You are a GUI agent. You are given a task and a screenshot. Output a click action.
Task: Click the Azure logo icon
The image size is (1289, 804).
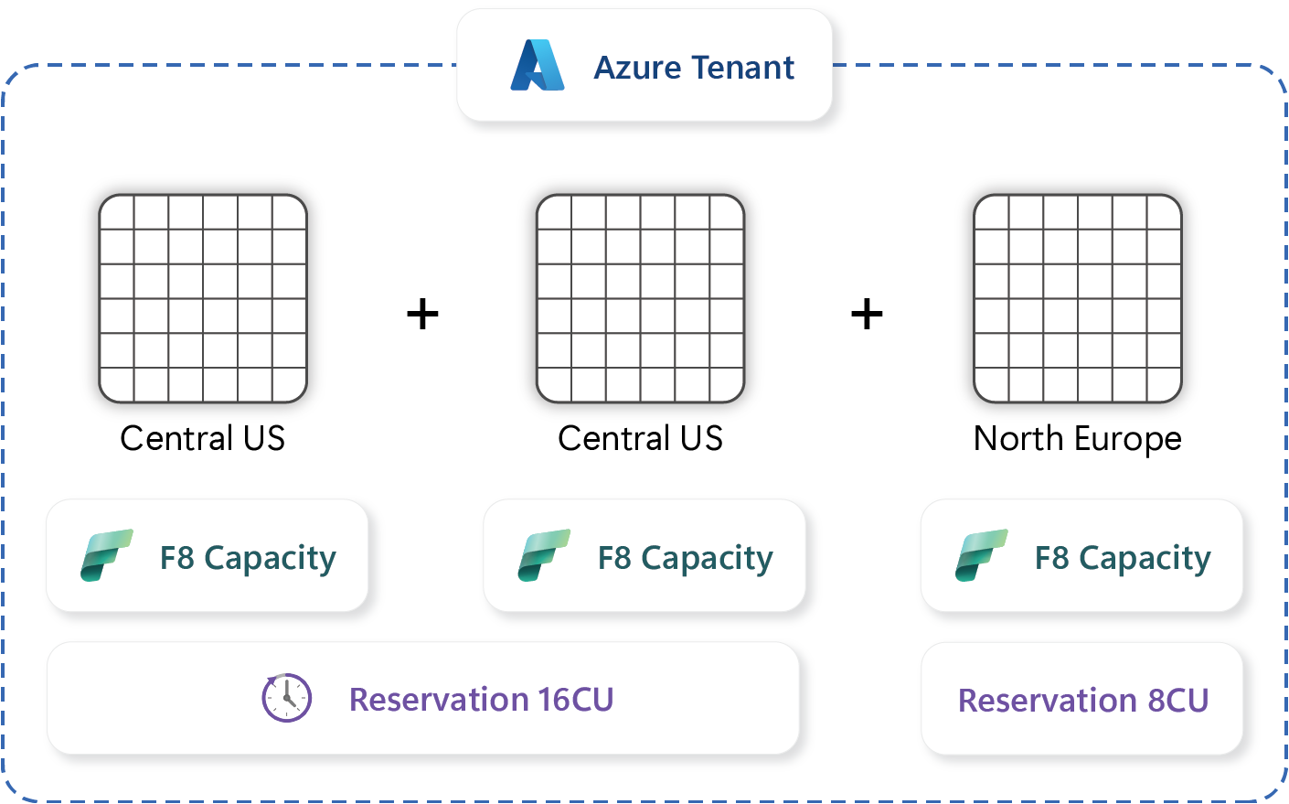point(538,66)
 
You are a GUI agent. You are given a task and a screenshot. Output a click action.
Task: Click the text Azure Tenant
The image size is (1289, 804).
point(694,68)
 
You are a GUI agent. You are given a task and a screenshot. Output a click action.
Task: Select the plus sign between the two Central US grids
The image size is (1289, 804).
point(422,315)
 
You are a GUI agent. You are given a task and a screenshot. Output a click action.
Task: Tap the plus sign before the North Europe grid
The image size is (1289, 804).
point(867,315)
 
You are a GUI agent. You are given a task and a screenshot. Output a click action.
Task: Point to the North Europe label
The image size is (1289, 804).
point(1077,439)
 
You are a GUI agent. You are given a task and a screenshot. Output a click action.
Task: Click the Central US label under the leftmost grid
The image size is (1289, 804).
point(202,439)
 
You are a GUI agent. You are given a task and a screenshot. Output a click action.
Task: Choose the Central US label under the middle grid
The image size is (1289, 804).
point(640,439)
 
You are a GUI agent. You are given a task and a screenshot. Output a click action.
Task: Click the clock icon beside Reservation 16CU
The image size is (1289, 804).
point(287,699)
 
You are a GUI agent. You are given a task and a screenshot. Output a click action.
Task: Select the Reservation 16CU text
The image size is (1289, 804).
point(481,700)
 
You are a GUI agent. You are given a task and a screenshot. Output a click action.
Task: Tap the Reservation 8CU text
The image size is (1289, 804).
point(1083,701)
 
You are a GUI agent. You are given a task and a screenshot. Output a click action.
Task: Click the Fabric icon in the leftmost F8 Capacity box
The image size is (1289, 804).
point(106,555)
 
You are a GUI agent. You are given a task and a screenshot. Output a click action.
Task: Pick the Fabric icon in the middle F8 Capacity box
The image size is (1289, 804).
point(544,555)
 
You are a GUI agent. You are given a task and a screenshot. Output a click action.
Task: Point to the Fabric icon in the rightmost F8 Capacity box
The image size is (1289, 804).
point(981,555)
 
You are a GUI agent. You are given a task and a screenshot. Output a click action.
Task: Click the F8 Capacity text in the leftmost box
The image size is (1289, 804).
point(248,558)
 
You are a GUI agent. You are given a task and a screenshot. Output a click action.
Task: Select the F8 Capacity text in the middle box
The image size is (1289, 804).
point(685,558)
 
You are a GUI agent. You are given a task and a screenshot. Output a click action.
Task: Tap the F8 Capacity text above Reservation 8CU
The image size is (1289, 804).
point(1123,558)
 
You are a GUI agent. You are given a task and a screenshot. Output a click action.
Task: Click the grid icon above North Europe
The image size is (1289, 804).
point(1078,298)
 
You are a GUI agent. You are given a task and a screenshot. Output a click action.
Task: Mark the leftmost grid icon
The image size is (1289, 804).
point(203,298)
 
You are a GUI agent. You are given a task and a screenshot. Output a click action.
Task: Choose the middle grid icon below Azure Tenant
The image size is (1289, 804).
point(640,298)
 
